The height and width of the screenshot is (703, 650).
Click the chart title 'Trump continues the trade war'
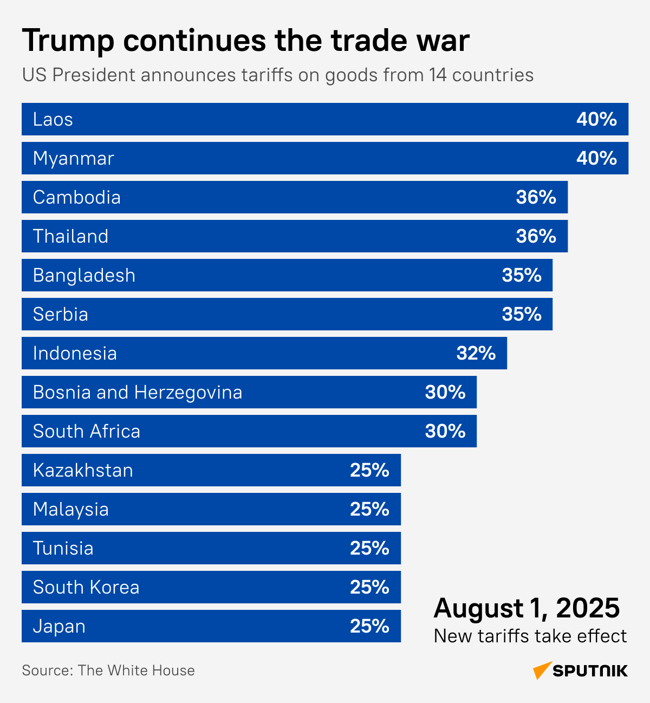(x=245, y=41)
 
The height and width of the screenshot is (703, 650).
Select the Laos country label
(x=53, y=119)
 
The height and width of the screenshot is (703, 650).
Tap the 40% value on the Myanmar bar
(x=596, y=158)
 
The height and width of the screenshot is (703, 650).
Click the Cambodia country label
(x=76, y=197)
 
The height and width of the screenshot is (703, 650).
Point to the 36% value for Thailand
(x=536, y=236)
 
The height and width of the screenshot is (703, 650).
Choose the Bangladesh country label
(x=84, y=275)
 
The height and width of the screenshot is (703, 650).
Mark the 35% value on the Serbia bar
(x=521, y=314)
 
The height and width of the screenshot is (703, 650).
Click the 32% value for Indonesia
(x=476, y=353)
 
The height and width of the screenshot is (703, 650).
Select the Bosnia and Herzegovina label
(x=138, y=392)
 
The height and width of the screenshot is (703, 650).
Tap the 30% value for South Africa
(x=445, y=431)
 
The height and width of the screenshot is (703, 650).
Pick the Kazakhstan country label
(x=83, y=470)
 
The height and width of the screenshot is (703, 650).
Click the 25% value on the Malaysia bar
(x=369, y=509)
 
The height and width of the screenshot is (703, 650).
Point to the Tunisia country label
(x=63, y=548)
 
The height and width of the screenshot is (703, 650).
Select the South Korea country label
(x=86, y=587)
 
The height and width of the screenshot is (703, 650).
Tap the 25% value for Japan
(x=369, y=626)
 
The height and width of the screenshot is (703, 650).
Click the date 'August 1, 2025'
(x=526, y=608)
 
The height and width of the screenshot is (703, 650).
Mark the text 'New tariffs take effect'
(x=530, y=636)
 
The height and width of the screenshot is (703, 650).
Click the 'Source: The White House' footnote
(x=108, y=671)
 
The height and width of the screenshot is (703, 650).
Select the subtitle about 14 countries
(x=278, y=75)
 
